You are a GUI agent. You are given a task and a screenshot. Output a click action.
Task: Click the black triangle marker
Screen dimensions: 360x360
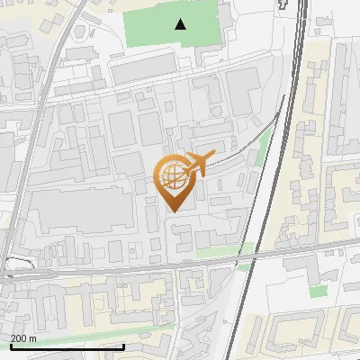click(x=182, y=24)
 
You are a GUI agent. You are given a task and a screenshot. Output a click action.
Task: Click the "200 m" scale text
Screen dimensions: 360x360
click(x=23, y=337)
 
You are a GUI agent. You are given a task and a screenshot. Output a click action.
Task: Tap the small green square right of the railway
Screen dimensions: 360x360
click(x=318, y=292)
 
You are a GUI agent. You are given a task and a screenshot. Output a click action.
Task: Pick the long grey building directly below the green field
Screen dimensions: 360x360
click(x=144, y=67)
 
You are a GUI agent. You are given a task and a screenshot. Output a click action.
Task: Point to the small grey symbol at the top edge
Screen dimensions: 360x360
click(x=285, y=4)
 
